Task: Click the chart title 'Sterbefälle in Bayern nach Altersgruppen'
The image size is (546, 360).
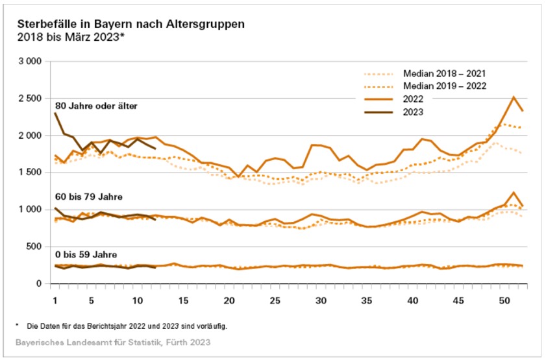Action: coord(130,24)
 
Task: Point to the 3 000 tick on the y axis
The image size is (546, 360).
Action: coord(29,62)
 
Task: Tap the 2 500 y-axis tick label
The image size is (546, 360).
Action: coord(29,99)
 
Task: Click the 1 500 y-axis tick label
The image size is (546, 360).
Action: coord(29,173)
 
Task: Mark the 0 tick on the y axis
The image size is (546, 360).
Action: coord(39,283)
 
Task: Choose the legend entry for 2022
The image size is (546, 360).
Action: coord(413,99)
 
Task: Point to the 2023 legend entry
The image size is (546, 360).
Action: coord(413,112)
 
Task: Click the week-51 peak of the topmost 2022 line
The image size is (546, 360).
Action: coord(514,97)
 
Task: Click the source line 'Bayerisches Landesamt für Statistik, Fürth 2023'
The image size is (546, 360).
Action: coord(114,341)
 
